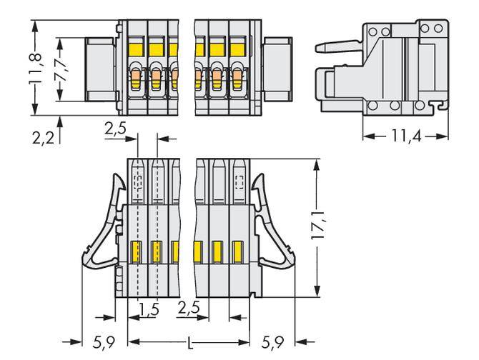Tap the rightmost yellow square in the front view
(234, 49)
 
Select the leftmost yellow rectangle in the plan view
(137, 251)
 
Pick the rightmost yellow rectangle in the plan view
(236, 251)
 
